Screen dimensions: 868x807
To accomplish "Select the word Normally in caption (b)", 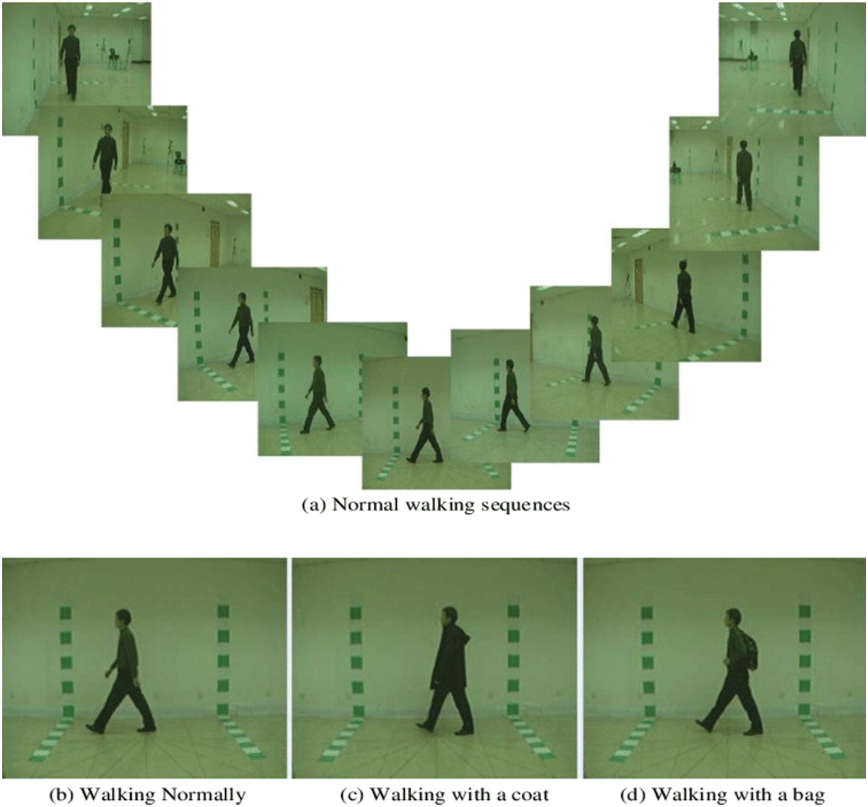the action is pyautogui.click(x=204, y=795).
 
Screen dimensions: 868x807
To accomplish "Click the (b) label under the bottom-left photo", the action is pyautogui.click(x=62, y=795).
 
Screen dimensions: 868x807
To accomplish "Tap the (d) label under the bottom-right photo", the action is pyautogui.click(x=633, y=795).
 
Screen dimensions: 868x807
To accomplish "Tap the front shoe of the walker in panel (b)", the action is pyautogui.click(x=95, y=728).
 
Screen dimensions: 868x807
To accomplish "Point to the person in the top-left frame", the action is pyautogui.click(x=70, y=62).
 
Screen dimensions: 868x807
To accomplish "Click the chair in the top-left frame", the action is pyautogui.click(x=114, y=58).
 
